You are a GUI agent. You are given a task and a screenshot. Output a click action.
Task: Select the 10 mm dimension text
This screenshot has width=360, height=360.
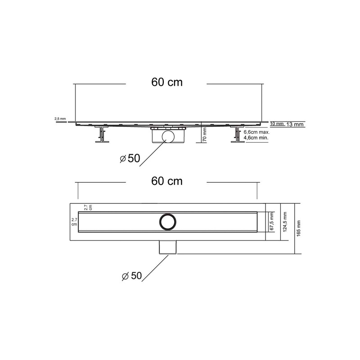[277, 123]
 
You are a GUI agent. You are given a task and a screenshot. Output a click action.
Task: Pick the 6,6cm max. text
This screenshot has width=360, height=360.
[256, 133]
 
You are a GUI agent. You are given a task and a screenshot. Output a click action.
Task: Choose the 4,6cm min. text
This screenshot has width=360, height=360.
[256, 139]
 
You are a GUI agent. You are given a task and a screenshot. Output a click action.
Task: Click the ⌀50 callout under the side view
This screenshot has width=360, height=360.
[130, 158]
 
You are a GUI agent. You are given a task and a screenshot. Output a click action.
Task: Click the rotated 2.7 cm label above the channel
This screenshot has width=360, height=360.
[88, 207]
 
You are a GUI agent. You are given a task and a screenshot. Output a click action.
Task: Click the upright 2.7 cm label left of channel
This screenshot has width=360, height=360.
[74, 221]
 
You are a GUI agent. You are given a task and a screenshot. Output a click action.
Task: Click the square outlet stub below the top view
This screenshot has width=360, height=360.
[168, 247]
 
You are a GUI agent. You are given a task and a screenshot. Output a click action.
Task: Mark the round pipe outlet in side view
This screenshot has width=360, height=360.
[169, 137]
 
